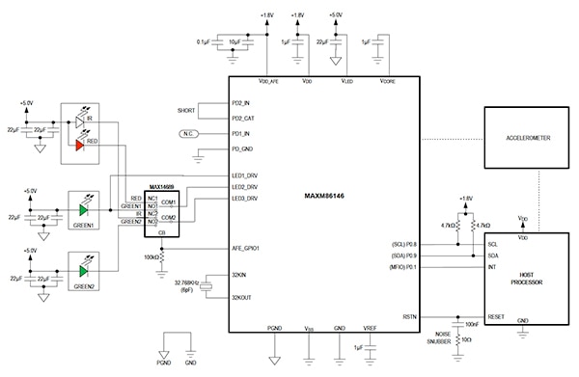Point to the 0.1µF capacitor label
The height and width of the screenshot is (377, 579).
(x=203, y=41)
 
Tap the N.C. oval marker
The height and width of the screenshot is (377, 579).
(x=190, y=134)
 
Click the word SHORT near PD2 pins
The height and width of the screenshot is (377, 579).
(x=186, y=110)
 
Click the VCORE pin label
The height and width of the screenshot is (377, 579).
(x=386, y=82)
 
